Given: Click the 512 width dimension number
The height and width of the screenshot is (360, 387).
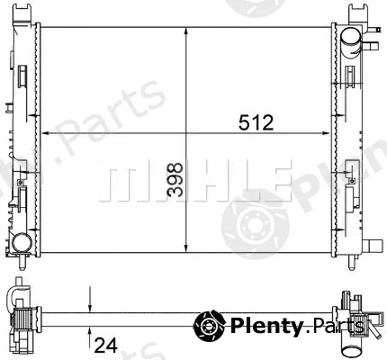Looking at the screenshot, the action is (256, 122).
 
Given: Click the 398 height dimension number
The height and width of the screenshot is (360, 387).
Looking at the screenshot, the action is (175, 180).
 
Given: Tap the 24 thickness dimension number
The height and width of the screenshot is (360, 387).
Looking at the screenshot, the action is (105, 346).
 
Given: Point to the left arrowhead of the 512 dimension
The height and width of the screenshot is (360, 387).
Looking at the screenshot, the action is (44, 133).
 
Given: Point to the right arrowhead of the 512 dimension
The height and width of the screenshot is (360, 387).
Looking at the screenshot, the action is (326, 133).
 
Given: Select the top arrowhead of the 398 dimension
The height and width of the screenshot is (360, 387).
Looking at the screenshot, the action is (186, 31).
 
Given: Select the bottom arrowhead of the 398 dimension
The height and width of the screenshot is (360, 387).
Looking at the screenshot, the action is (186, 248).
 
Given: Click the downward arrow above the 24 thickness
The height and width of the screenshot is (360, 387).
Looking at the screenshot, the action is (89, 300).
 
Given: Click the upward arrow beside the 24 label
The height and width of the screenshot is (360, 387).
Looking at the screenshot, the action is (89, 337).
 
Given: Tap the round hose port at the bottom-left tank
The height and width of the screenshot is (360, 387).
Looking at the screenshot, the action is (22, 242).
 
